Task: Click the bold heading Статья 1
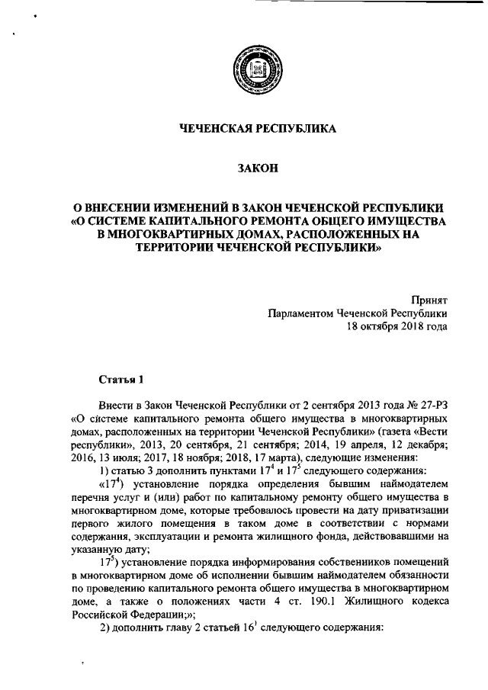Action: tap(120, 379)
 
